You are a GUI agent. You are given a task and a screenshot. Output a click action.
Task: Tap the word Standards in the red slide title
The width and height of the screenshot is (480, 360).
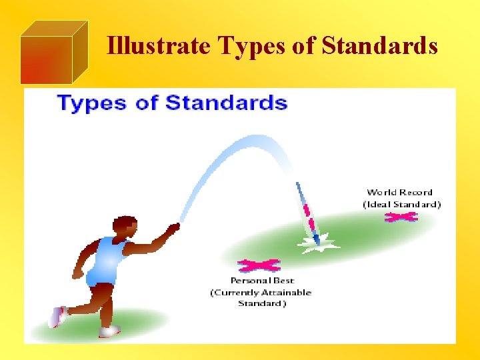(x=379, y=46)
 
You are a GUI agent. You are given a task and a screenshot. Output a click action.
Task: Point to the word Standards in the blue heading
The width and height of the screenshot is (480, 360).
(x=227, y=103)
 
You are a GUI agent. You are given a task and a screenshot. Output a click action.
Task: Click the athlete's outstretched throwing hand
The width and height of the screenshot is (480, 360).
(x=173, y=229)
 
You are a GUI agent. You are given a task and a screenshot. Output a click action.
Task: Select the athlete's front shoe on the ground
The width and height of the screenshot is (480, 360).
(x=109, y=331)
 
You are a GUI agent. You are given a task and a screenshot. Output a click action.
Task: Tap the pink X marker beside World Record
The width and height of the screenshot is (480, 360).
(x=401, y=217)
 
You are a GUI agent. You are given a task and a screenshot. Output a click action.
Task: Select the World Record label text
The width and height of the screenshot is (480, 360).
(x=399, y=193)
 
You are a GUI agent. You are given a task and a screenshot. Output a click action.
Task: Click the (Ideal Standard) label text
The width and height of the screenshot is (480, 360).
(x=401, y=204)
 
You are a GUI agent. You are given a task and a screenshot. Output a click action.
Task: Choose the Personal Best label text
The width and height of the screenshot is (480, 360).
(x=262, y=281)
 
